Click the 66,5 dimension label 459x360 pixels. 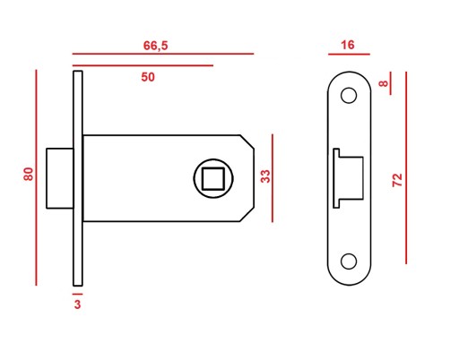[x=155, y=46]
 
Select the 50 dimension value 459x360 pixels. [x=148, y=77]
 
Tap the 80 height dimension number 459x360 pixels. [x=29, y=174]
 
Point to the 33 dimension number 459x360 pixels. [x=265, y=176]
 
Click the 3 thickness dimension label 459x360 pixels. [x=77, y=304]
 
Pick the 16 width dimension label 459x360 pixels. [x=348, y=45]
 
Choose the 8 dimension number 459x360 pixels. [x=383, y=83]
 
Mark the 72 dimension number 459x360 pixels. [x=397, y=180]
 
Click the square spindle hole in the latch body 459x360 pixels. [x=213, y=178]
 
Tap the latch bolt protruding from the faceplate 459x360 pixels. [x=60, y=178]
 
